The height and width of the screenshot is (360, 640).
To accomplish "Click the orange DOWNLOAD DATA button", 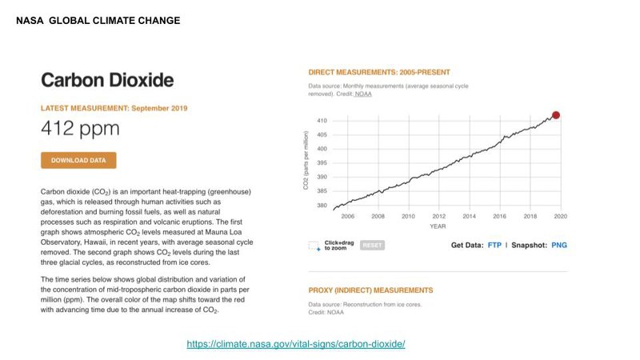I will tap(78, 160).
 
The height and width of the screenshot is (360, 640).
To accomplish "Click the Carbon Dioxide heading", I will tap(106, 81).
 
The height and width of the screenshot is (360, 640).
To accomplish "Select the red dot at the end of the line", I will tap(556, 115).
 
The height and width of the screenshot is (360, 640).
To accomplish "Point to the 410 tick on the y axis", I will tap(322, 121).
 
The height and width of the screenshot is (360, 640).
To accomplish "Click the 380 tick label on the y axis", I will tap(322, 206).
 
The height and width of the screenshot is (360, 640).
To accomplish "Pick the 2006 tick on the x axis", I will tap(347, 216).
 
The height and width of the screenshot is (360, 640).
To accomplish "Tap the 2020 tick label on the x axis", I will tap(560, 216).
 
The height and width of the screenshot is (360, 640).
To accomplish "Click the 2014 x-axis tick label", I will tap(469, 216).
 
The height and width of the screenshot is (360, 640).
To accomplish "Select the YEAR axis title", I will tap(438, 226).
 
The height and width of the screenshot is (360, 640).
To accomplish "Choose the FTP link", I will tap(494, 245).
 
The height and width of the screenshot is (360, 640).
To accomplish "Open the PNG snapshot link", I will tap(558, 245).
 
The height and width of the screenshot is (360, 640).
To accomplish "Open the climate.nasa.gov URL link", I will tap(296, 344).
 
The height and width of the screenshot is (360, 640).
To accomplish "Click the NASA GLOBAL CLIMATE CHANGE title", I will tap(98, 20).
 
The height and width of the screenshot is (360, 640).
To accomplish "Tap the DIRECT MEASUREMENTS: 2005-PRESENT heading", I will tap(379, 72).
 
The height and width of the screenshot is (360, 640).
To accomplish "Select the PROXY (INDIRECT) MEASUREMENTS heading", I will tap(370, 290).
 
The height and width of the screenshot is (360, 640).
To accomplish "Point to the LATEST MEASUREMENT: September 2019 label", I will tap(114, 107).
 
